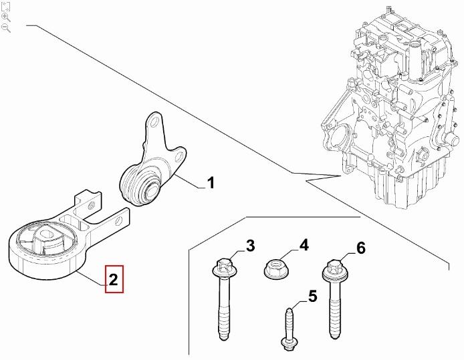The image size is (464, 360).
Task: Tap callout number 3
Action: tap(250, 246)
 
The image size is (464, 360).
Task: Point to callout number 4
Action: tap(304, 245)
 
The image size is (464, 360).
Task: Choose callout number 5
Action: tap(311, 295)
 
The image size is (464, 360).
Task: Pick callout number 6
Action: tap(360, 248)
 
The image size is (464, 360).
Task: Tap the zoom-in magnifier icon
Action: tap(6, 17)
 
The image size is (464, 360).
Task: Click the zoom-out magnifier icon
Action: tap(6, 28)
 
